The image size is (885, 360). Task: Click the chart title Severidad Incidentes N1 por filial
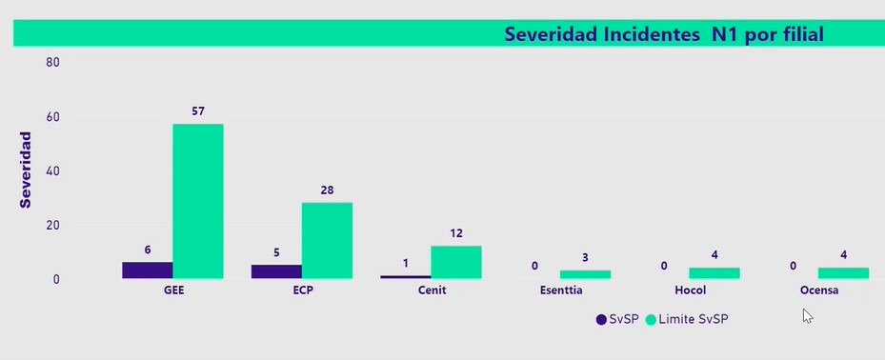pyautogui.click(x=663, y=34)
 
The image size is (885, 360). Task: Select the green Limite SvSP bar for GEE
pyautogui.click(x=198, y=201)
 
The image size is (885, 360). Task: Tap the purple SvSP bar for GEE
pyautogui.click(x=147, y=270)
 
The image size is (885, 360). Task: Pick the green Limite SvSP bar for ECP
pyautogui.click(x=327, y=240)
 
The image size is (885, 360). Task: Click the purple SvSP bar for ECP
pyautogui.click(x=276, y=271)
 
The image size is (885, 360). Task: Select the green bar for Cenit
pyautogui.click(x=455, y=262)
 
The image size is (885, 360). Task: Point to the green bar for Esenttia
pyautogui.click(x=585, y=274)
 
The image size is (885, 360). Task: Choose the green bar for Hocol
pyautogui.click(x=714, y=273)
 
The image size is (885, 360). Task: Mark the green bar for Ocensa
pyautogui.click(x=843, y=273)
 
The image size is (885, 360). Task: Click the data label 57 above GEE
pyautogui.click(x=198, y=111)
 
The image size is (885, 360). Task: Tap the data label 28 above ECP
pyautogui.click(x=327, y=190)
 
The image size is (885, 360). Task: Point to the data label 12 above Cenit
pyautogui.click(x=456, y=233)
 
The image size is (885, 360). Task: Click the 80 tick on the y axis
pyautogui.click(x=52, y=63)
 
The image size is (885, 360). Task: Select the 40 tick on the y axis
pyautogui.click(x=52, y=171)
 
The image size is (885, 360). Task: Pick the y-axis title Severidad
pyautogui.click(x=26, y=170)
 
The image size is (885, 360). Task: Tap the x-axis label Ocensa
pyautogui.click(x=818, y=290)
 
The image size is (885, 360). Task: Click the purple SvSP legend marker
pyautogui.click(x=600, y=320)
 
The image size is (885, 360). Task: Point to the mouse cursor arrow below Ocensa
pyautogui.click(x=807, y=315)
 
